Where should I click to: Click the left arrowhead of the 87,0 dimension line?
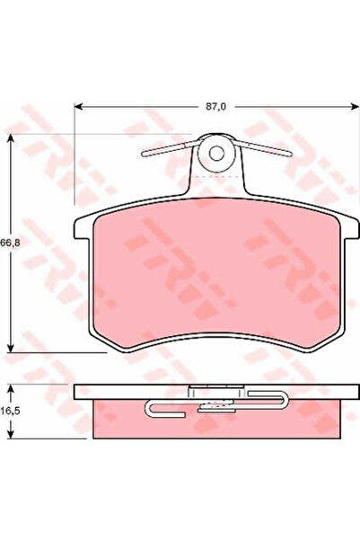coord(78,107)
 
